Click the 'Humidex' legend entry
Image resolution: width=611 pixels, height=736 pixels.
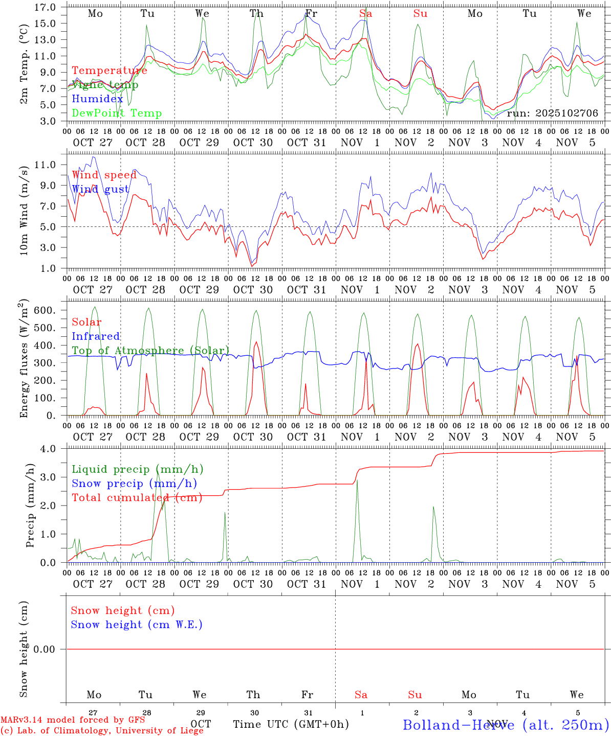(97, 99)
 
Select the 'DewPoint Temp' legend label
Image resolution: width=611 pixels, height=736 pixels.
(117, 113)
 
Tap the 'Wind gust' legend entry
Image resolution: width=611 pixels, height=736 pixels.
(100, 189)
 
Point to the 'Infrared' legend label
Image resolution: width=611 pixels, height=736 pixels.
(96, 336)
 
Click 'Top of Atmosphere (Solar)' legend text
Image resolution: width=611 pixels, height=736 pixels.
(150, 351)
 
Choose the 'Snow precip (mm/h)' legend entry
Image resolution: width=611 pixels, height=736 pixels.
(134, 484)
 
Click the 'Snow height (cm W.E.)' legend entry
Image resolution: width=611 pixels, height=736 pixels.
(137, 625)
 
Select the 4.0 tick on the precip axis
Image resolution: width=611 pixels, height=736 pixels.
(50, 448)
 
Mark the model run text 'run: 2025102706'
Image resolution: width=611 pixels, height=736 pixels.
(552, 113)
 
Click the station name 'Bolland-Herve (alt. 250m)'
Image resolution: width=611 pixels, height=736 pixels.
(505, 724)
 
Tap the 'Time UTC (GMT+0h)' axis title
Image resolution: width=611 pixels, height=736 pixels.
(291, 724)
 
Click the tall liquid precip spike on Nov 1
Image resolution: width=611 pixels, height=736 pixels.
(357, 481)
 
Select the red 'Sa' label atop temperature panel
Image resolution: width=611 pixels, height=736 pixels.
(365, 14)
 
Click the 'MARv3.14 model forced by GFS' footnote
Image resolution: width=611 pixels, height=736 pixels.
(73, 720)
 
